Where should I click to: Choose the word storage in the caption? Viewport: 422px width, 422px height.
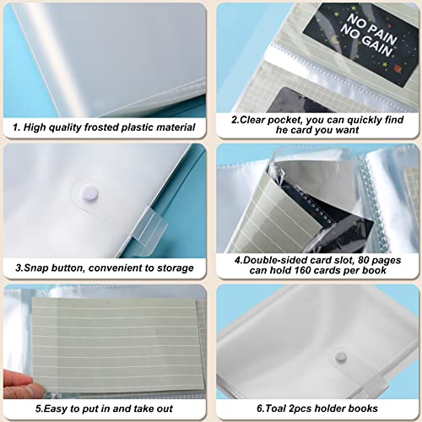click(x=171, y=268)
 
